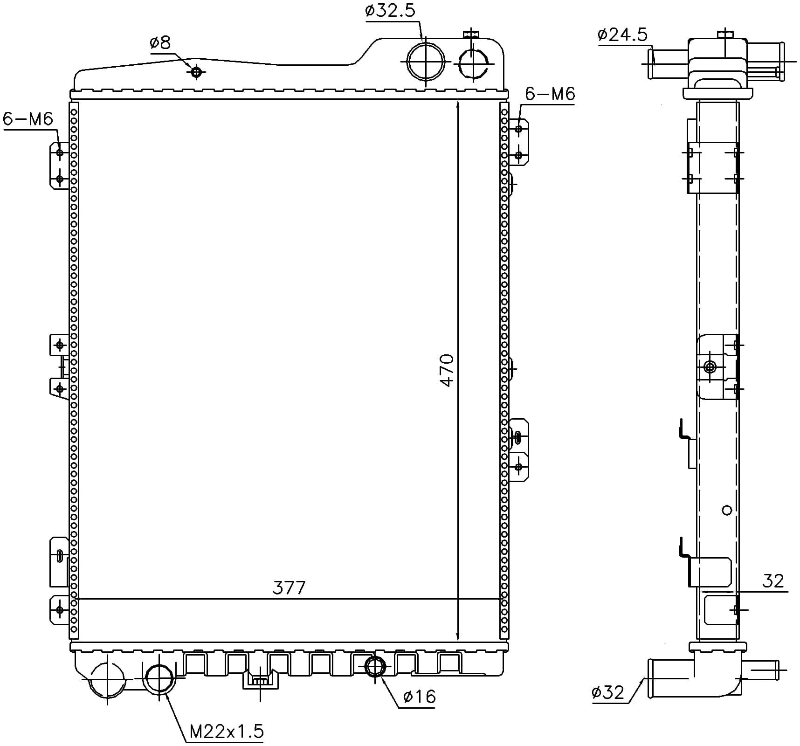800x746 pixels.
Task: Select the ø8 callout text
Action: pos(160,43)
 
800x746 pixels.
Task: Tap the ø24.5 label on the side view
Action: pos(622,35)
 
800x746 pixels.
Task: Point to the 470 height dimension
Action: pos(447,370)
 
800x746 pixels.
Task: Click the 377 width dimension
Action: pos(289,588)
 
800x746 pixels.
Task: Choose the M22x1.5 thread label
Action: pos(227,732)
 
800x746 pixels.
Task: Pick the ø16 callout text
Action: pos(419,697)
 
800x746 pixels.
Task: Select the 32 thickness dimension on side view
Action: pos(773,581)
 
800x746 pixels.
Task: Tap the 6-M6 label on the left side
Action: pos(28,119)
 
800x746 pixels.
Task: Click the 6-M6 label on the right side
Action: pos(550,94)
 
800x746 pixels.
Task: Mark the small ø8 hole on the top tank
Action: pos(197,72)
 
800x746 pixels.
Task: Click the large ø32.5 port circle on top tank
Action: pos(426,62)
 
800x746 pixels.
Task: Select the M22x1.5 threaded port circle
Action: pos(159,678)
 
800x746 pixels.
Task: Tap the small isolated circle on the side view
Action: pos(726,510)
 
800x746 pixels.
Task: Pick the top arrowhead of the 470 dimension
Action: pos(458,105)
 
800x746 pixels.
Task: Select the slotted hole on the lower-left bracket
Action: pos(60,556)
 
